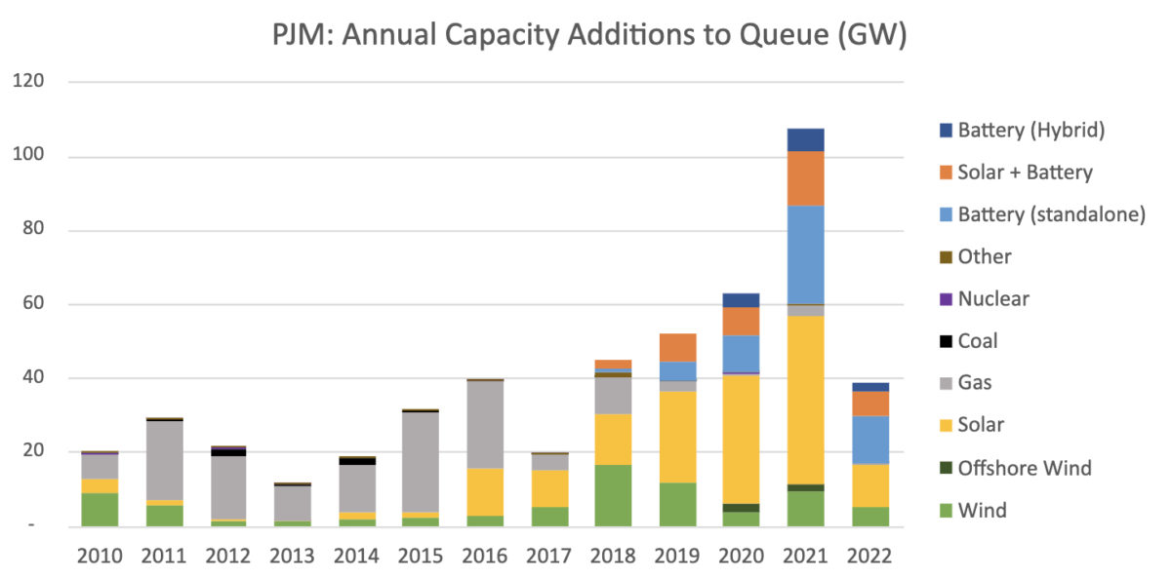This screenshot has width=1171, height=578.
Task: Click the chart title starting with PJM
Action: pyautogui.click(x=588, y=36)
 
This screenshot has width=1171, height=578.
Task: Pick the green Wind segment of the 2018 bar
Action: pyautogui.click(x=613, y=495)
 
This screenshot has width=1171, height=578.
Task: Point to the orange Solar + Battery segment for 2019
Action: pyautogui.click(x=677, y=347)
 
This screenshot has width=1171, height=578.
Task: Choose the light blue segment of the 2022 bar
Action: pyautogui.click(x=869, y=440)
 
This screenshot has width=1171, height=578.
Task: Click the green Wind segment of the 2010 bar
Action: pyautogui.click(x=100, y=509)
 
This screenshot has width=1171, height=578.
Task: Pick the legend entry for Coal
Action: pyautogui.click(x=979, y=341)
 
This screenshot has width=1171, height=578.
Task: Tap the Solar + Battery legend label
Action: pyautogui.click(x=1025, y=173)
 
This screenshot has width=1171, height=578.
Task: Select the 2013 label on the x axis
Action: pyautogui.click(x=292, y=556)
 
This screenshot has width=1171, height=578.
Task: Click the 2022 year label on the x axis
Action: pyautogui.click(x=869, y=556)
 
